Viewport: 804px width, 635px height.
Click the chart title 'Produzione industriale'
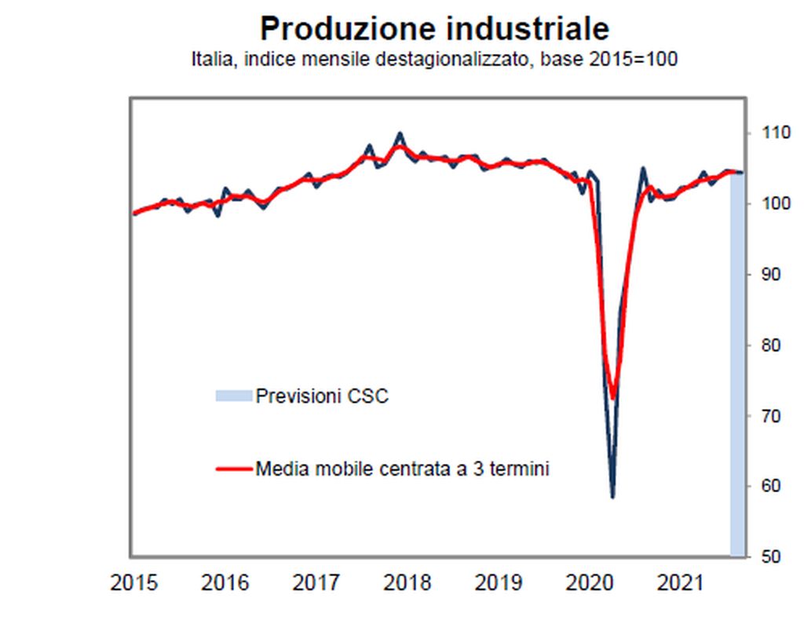click(x=434, y=29)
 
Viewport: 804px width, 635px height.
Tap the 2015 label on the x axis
click(x=133, y=583)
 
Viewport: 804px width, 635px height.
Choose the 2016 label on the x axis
click(x=225, y=583)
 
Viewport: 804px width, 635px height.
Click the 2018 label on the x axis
click(x=407, y=583)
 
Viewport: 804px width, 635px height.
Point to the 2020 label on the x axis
click(x=589, y=583)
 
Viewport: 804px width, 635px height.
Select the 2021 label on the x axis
click(x=680, y=583)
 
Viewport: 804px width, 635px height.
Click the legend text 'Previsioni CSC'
click(x=322, y=396)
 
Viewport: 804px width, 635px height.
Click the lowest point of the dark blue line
click(x=612, y=496)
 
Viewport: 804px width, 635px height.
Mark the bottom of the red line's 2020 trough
click(x=612, y=397)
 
